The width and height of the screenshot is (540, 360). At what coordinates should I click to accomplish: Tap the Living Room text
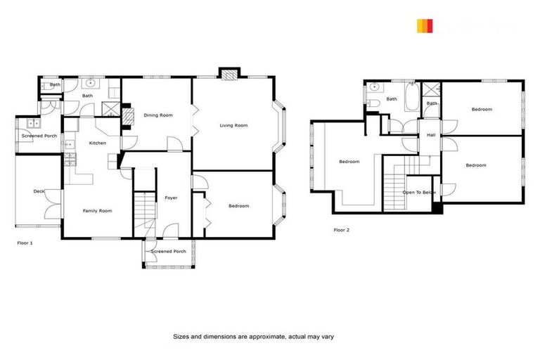pos(233,126)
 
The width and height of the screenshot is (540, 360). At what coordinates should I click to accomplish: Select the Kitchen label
pos(98,143)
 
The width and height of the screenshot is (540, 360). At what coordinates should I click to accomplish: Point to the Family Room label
pos(97,211)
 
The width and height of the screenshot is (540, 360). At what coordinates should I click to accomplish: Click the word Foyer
pos(171,198)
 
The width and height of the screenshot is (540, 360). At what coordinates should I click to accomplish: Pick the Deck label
pos(39,191)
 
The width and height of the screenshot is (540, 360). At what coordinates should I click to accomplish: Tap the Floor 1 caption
pos(25,243)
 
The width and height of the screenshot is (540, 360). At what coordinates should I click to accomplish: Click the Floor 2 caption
pos(341,230)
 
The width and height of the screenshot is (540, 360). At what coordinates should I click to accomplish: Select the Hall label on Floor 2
pos(431,135)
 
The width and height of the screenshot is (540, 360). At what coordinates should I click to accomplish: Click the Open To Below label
pos(419,192)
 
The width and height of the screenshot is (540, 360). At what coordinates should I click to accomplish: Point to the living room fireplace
pos(229,73)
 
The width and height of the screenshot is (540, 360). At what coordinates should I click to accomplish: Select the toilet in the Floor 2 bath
pos(373,103)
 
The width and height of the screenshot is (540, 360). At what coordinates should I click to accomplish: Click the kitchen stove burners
pos(70,160)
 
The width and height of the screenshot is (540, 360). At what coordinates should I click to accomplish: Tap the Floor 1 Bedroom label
pos(239,206)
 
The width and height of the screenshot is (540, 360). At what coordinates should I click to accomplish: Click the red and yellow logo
pos(424,27)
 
